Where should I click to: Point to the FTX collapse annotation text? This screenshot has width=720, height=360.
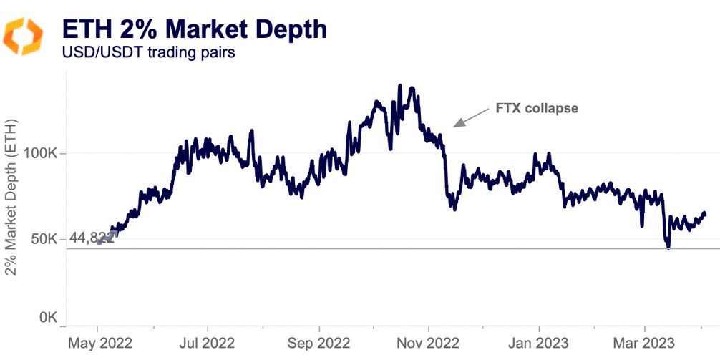click(537, 109)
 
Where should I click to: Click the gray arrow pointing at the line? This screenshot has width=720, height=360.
click(470, 117)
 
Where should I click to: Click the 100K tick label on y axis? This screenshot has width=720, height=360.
click(46, 153)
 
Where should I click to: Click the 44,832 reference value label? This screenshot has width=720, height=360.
click(92, 238)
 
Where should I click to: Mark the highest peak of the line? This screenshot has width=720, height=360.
click(399, 86)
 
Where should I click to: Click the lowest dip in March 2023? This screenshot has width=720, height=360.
click(668, 248)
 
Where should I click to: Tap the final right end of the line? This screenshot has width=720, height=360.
click(704, 213)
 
